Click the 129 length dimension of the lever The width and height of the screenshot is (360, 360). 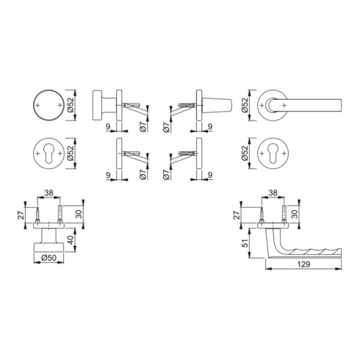pos(303,264)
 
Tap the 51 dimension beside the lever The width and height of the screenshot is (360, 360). pos(245,242)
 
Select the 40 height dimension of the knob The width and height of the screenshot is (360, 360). pos(71,240)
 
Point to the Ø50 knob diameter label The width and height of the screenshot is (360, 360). pos(48,258)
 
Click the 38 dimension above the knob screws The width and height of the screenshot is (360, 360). pos(48,193)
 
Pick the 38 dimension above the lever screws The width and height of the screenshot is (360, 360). pos(273,193)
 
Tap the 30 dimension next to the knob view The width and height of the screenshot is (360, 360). pos(79,214)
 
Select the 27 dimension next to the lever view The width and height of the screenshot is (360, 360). pos(237,215)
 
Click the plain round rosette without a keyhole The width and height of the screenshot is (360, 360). pos(48,105)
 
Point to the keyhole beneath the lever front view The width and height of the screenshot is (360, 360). pos(273,153)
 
